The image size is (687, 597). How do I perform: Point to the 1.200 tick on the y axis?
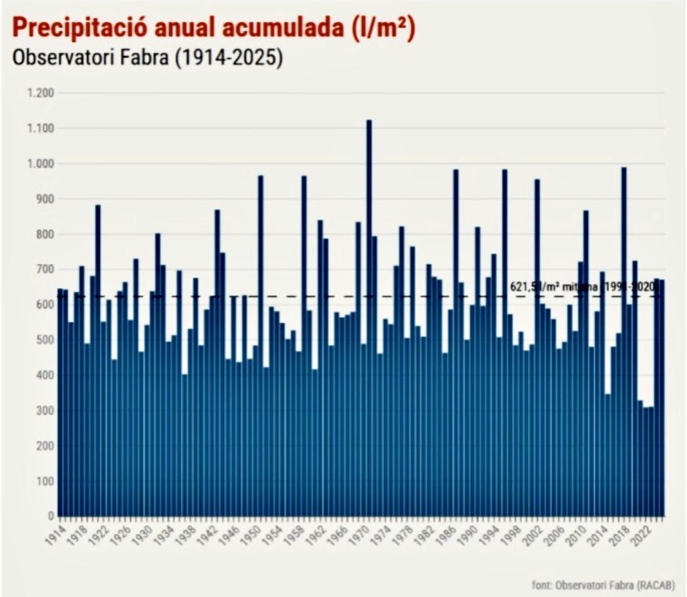[x=40, y=93]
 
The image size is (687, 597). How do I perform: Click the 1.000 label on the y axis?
[x=40, y=164]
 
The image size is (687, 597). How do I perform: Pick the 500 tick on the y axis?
[x=44, y=340]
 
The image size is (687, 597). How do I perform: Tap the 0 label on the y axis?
[x=50, y=516]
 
